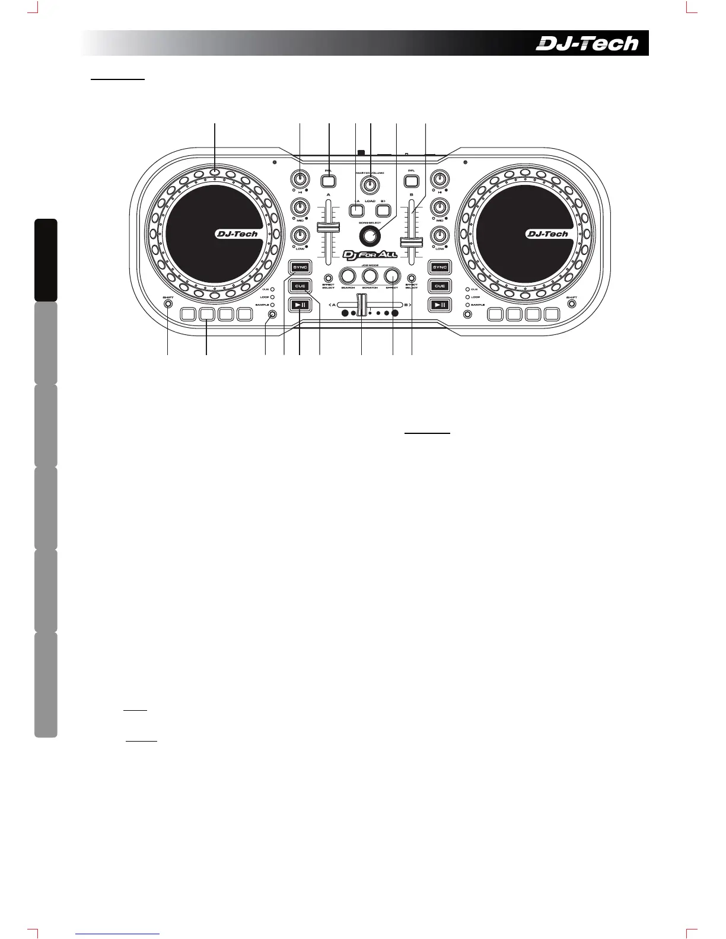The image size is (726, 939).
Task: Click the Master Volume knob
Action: click(370, 184)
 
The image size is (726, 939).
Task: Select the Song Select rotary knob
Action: click(370, 235)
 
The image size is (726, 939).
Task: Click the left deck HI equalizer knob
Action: click(301, 178)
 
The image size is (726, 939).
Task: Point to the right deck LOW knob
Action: click(440, 235)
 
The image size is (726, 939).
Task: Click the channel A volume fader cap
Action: click(328, 228)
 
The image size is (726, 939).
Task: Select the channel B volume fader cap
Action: click(412, 241)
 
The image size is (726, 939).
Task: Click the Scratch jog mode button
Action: click(370, 276)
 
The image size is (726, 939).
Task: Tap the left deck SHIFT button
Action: click(168, 304)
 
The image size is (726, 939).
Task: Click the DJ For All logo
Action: click(370, 255)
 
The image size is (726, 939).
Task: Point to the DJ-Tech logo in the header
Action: click(587, 43)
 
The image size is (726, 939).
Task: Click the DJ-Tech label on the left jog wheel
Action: click(237, 234)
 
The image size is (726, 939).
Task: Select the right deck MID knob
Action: click(440, 207)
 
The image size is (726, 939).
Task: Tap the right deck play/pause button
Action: click(440, 305)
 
